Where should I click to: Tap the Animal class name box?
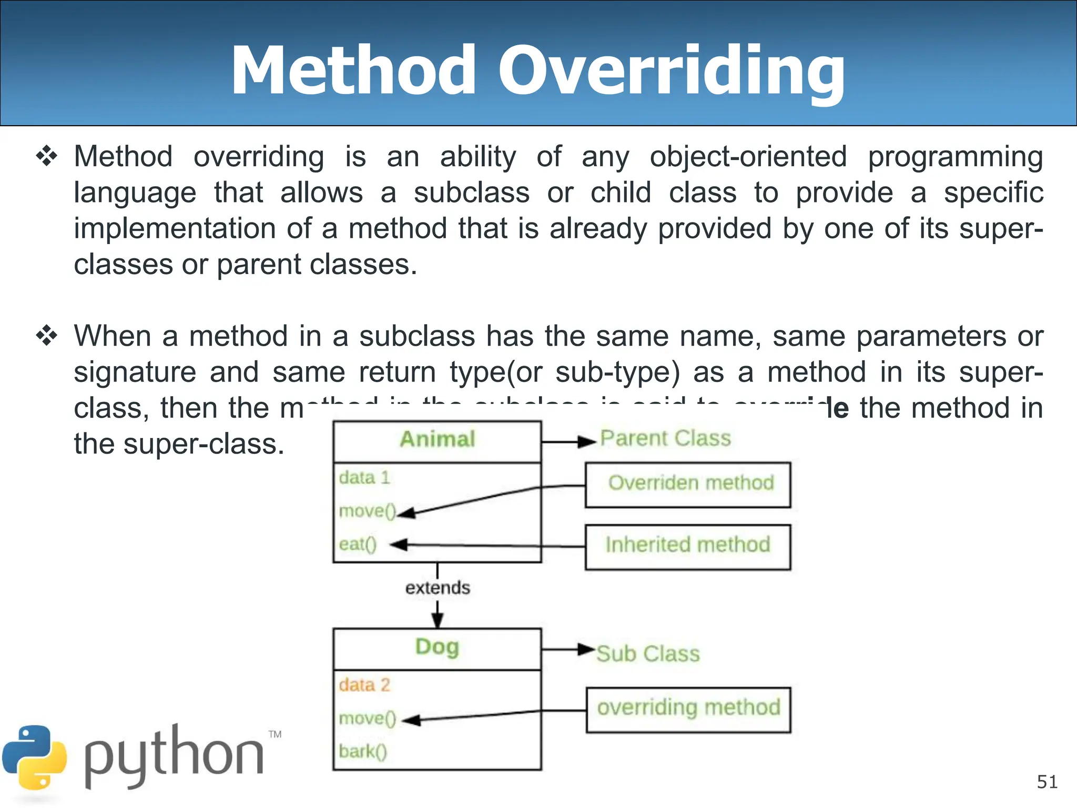(437, 441)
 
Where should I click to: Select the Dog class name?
(437, 647)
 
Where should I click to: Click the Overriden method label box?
(688, 484)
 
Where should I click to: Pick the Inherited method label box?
(688, 546)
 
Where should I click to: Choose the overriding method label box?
(688, 709)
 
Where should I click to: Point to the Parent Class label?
(666, 438)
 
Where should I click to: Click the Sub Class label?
(648, 654)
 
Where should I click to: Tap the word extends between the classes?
(438, 588)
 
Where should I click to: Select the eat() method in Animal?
(358, 544)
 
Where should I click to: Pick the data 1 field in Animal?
(364, 478)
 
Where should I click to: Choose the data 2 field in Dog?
(364, 685)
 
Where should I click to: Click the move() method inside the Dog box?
(367, 719)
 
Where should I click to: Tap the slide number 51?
(1047, 782)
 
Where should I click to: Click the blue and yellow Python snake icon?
(35, 757)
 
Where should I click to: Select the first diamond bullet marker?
(47, 157)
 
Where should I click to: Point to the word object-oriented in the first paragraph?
(748, 157)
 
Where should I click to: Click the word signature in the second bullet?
(135, 372)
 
